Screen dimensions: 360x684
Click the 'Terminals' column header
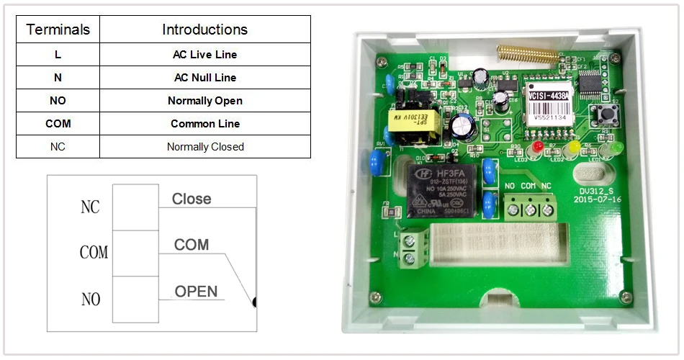pyautogui.click(x=58, y=30)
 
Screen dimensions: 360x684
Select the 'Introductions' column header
pyautogui.click(x=204, y=30)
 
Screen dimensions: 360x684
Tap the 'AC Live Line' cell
pyautogui.click(x=204, y=55)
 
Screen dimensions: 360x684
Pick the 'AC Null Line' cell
pyautogui.click(x=204, y=78)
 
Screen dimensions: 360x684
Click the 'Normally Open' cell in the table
pyautogui.click(x=204, y=101)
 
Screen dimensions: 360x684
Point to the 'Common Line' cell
pyautogui.click(x=204, y=124)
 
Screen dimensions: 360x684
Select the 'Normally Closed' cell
pyautogui.click(x=204, y=147)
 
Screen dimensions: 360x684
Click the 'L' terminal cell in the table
pyautogui.click(x=58, y=55)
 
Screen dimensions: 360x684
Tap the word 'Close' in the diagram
pyautogui.click(x=192, y=199)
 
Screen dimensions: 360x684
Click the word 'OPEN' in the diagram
pyautogui.click(x=196, y=291)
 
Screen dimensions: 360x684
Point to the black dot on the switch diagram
pyautogui.click(x=254, y=303)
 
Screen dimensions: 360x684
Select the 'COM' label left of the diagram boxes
pyautogui.click(x=94, y=253)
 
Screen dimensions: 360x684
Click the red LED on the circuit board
pyautogui.click(x=537, y=148)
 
